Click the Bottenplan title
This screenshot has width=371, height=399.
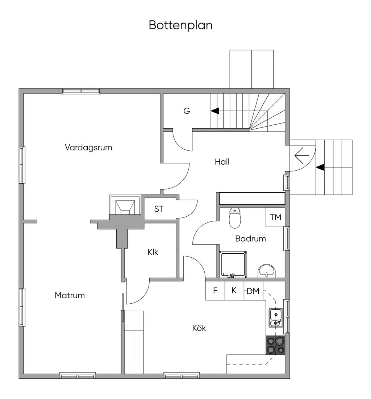(180, 25)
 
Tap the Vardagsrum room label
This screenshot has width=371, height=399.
(88, 147)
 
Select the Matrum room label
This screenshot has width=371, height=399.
(70, 295)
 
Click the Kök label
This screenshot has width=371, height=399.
(199, 328)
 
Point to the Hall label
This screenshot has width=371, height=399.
(222, 162)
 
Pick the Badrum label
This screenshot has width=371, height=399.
(250, 239)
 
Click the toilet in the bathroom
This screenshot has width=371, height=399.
(235, 218)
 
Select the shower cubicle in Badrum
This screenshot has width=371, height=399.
(233, 265)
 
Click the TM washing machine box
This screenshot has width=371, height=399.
(275, 217)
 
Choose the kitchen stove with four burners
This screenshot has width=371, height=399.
(275, 345)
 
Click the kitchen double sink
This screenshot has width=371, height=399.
(275, 318)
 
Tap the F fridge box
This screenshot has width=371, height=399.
(215, 291)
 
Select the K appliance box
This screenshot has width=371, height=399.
(234, 291)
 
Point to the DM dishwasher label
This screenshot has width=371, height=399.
(253, 291)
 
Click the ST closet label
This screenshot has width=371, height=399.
(159, 209)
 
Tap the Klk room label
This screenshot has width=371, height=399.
(153, 252)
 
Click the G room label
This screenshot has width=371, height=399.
(187, 111)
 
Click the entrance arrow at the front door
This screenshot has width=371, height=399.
(301, 156)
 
